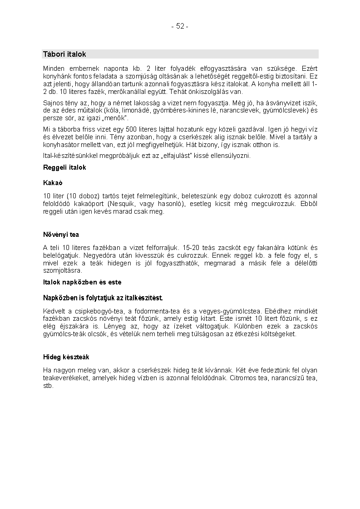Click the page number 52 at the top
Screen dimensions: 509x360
180,26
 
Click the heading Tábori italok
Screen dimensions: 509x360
64,54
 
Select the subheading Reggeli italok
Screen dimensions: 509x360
64,167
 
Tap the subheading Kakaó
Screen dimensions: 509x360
52,183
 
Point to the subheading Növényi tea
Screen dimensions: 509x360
61,235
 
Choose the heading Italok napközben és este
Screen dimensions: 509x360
82,282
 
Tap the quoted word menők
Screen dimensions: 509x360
116,118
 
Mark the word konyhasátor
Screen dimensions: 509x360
62,145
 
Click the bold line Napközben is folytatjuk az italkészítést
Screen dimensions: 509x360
103,298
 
